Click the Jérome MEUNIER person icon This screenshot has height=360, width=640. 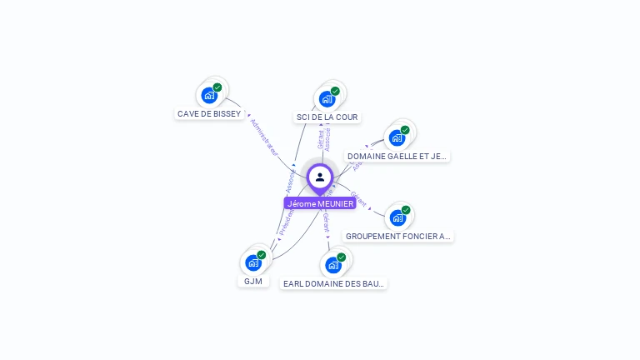(320, 177)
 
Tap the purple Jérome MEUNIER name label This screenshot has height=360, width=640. (320, 203)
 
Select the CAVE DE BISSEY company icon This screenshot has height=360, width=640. (209, 95)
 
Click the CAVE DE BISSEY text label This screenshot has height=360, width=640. (209, 113)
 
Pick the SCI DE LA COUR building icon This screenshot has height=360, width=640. (327, 99)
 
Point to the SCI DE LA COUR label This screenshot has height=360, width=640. (327, 117)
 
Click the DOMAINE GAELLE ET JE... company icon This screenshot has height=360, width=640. (397, 137)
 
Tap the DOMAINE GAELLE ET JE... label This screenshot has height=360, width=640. (397, 156)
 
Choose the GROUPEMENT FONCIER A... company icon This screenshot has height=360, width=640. (397, 217)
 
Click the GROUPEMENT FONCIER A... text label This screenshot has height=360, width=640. (398, 236)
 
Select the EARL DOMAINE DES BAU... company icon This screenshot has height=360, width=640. (333, 265)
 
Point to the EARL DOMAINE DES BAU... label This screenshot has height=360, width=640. (333, 283)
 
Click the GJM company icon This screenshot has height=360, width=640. (253, 262)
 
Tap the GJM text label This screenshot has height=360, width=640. (253, 281)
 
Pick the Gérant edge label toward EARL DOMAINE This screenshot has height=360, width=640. (326, 222)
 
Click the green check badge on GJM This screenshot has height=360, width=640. (262, 255)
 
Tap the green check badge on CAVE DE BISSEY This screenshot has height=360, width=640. (217, 87)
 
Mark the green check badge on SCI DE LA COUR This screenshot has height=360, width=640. (335, 92)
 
